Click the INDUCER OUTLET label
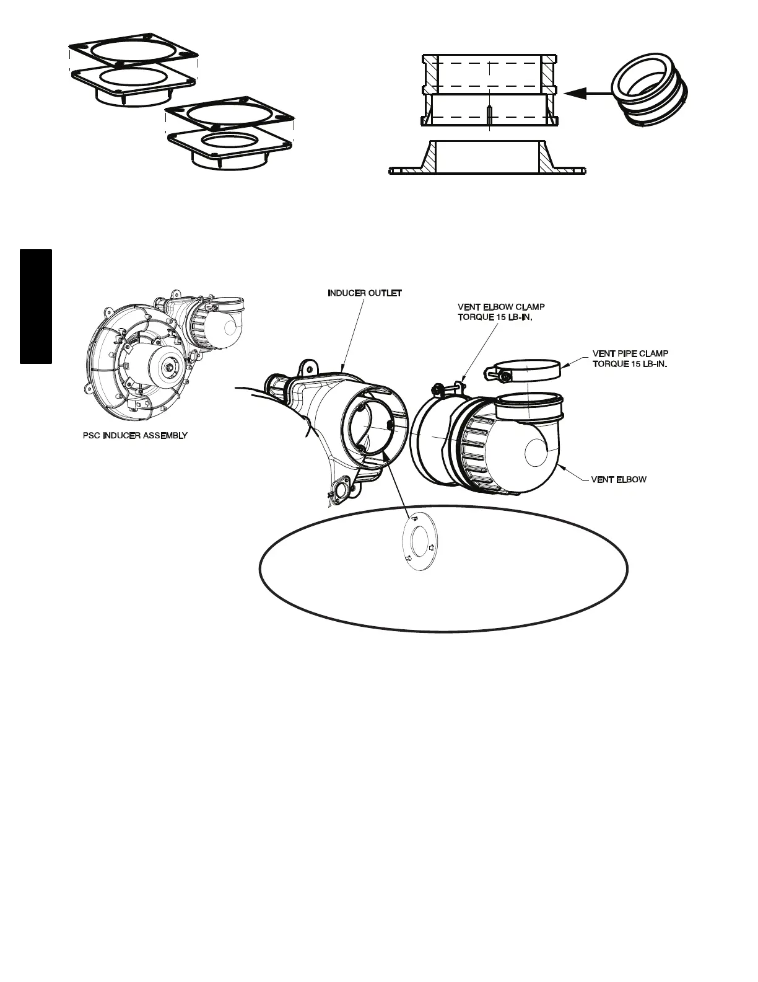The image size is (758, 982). [x=365, y=293]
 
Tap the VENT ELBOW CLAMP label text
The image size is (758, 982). [x=501, y=307]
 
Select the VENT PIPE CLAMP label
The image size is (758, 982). [x=630, y=354]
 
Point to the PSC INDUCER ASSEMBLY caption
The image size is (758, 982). [x=135, y=436]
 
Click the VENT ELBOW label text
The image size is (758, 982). [x=619, y=479]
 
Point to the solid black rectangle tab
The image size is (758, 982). [x=35, y=306]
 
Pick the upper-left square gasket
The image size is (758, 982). [x=133, y=55]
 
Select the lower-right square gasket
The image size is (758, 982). [x=230, y=144]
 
